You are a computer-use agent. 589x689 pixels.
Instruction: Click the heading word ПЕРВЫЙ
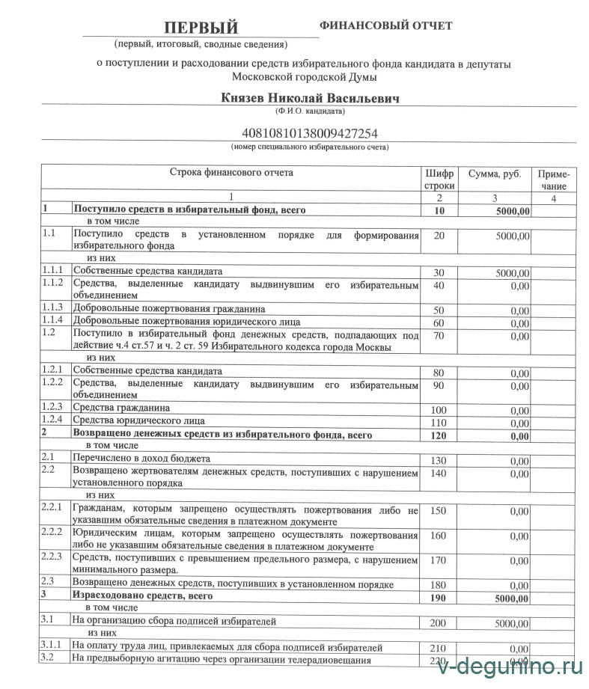(201, 28)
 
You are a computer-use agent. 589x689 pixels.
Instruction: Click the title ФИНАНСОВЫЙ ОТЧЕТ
(385, 25)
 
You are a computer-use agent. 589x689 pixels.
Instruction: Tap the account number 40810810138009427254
(309, 134)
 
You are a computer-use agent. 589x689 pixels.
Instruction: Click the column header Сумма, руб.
(494, 174)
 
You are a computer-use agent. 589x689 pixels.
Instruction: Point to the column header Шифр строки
(439, 179)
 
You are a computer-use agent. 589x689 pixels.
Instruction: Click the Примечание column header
(552, 180)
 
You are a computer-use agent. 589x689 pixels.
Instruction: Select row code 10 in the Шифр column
(439, 212)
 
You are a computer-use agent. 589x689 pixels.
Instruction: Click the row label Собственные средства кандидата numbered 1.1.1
(147, 271)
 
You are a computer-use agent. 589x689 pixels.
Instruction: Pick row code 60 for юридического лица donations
(439, 323)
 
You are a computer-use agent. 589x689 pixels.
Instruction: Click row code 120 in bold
(439, 435)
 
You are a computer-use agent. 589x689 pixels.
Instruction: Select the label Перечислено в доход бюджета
(141, 458)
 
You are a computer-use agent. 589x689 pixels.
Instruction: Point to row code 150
(439, 510)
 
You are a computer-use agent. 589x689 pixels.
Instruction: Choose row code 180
(439, 585)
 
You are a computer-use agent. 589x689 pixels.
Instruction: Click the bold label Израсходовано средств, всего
(142, 596)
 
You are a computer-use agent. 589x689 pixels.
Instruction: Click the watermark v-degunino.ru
(509, 666)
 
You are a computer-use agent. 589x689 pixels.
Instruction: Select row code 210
(439, 648)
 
